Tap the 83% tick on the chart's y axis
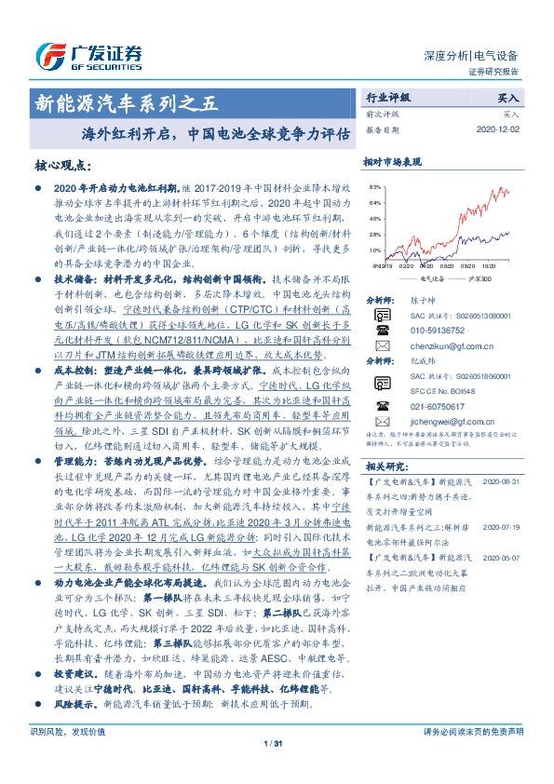[373, 187]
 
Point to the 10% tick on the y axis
[373, 250]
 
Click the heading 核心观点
[63, 167]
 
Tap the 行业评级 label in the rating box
[388, 97]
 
